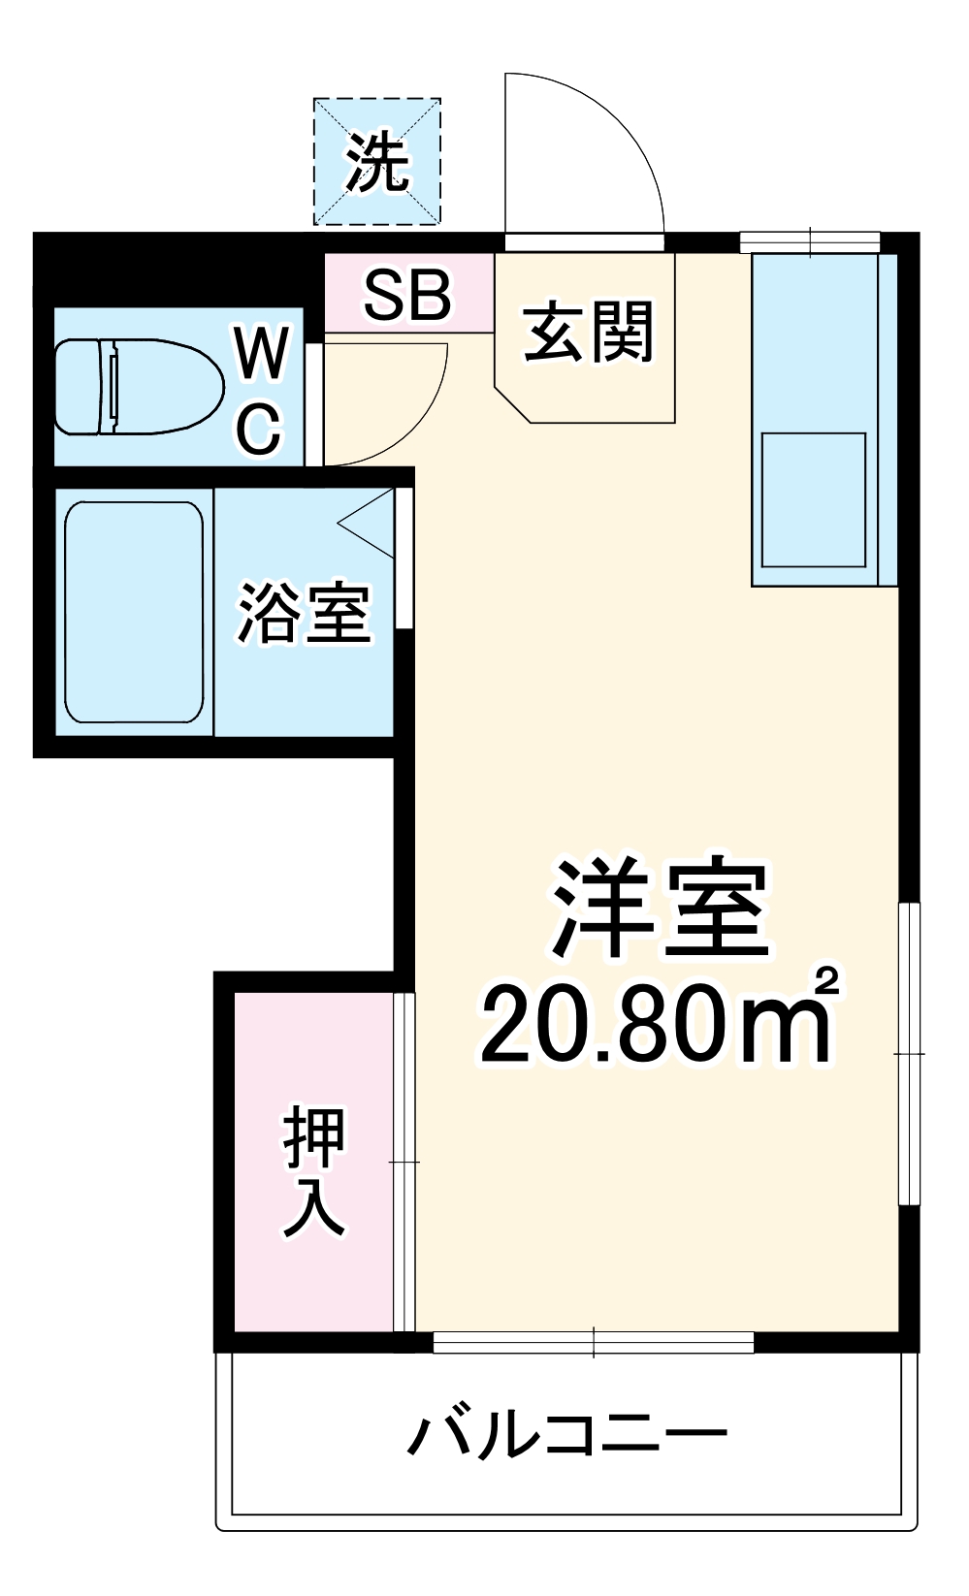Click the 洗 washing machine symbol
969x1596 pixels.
click(x=377, y=162)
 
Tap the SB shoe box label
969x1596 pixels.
click(x=407, y=295)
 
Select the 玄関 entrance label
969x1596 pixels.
click(x=589, y=333)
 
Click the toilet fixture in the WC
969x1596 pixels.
click(x=136, y=386)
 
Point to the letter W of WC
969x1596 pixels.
click(x=262, y=354)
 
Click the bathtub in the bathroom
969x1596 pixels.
click(x=134, y=612)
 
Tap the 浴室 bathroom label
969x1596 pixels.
click(x=304, y=613)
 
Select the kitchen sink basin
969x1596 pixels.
click(x=813, y=499)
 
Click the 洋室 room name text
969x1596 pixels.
click(x=661, y=909)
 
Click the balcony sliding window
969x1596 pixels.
click(x=594, y=1342)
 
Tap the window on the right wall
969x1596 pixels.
click(x=908, y=1053)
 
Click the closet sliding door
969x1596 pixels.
click(x=404, y=1162)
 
